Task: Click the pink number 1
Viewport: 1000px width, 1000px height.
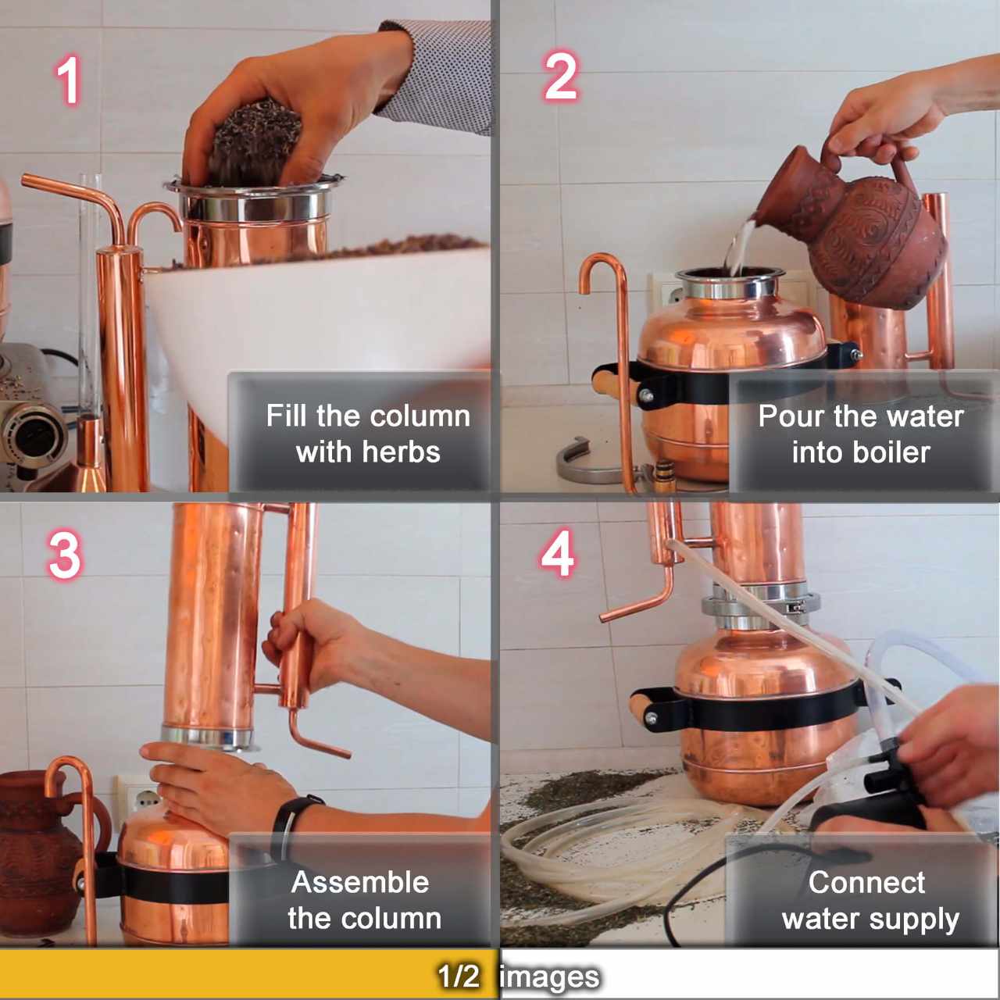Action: point(69,80)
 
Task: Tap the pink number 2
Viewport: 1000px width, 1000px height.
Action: point(560,77)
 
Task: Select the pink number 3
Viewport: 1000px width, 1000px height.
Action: point(64,555)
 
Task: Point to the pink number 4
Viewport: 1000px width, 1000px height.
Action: point(558,554)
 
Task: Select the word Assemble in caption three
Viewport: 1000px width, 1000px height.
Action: point(359,882)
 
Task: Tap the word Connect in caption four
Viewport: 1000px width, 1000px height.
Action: point(866,882)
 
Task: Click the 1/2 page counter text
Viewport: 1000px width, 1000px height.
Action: point(458,976)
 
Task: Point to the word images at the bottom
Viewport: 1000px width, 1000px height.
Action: point(549,977)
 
